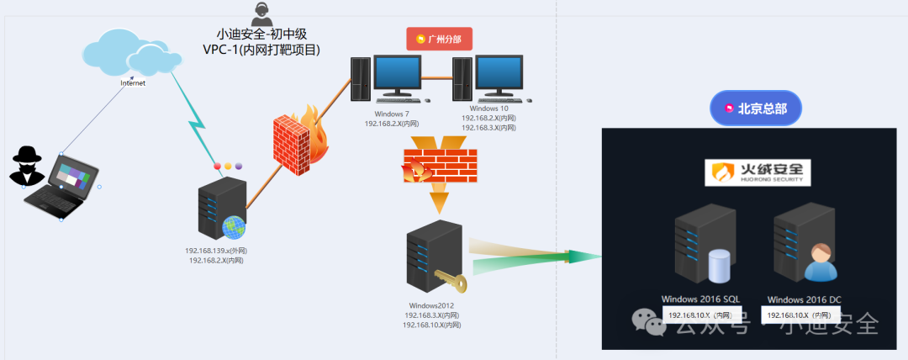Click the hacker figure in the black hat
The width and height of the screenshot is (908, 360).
[x=28, y=166]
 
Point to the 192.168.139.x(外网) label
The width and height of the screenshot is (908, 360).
[x=216, y=251]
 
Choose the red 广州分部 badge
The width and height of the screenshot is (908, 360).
[x=440, y=39]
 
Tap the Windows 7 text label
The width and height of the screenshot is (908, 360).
[x=392, y=113]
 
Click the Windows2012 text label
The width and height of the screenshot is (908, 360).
[x=431, y=304]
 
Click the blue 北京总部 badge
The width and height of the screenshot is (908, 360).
[x=755, y=109]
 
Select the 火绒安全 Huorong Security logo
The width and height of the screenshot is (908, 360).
[x=758, y=172]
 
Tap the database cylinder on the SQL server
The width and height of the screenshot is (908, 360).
[x=719, y=266]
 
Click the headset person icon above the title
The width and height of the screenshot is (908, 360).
[x=261, y=13]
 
